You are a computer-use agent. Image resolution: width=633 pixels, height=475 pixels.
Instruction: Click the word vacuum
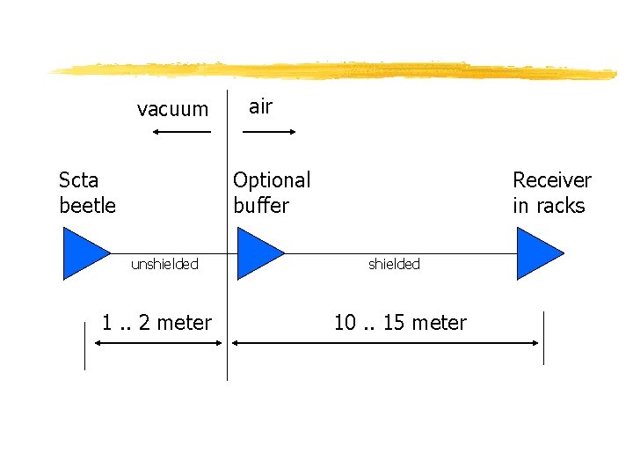172,110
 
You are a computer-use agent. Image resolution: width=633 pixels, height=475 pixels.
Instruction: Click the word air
260,106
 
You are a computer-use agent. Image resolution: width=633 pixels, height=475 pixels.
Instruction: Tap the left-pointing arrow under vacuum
181,132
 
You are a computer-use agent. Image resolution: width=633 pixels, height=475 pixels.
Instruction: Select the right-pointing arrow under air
269,132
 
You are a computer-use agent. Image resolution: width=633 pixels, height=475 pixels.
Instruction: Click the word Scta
78,180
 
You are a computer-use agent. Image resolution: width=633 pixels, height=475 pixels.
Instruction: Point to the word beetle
87,206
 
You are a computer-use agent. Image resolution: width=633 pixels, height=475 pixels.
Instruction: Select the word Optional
272,180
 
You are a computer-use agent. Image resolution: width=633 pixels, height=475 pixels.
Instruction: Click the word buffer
261,206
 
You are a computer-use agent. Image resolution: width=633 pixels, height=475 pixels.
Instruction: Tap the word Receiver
552,180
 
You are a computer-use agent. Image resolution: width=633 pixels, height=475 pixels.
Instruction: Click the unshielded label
164,264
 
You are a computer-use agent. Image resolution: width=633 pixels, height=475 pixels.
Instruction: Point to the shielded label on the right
394,264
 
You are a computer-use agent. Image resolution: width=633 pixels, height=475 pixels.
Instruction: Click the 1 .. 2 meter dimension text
156,323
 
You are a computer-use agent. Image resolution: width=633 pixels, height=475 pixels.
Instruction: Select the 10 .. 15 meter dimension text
400,323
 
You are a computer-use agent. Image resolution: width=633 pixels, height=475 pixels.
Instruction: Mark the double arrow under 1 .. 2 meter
158,344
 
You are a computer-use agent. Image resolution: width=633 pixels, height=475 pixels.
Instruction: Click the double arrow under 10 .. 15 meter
384,344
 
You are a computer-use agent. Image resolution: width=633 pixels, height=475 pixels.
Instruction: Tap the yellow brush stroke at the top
334,70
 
